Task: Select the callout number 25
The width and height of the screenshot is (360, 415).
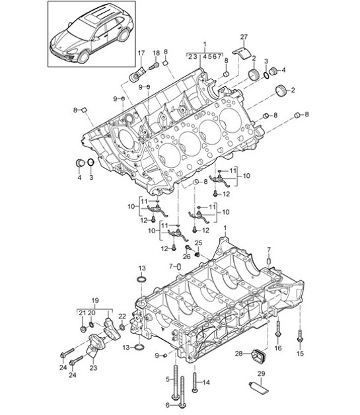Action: [197, 244]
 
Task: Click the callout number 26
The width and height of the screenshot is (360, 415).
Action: [187, 258]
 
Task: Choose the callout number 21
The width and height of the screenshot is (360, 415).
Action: [82, 312]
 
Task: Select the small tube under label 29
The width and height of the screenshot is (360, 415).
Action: [260, 387]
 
